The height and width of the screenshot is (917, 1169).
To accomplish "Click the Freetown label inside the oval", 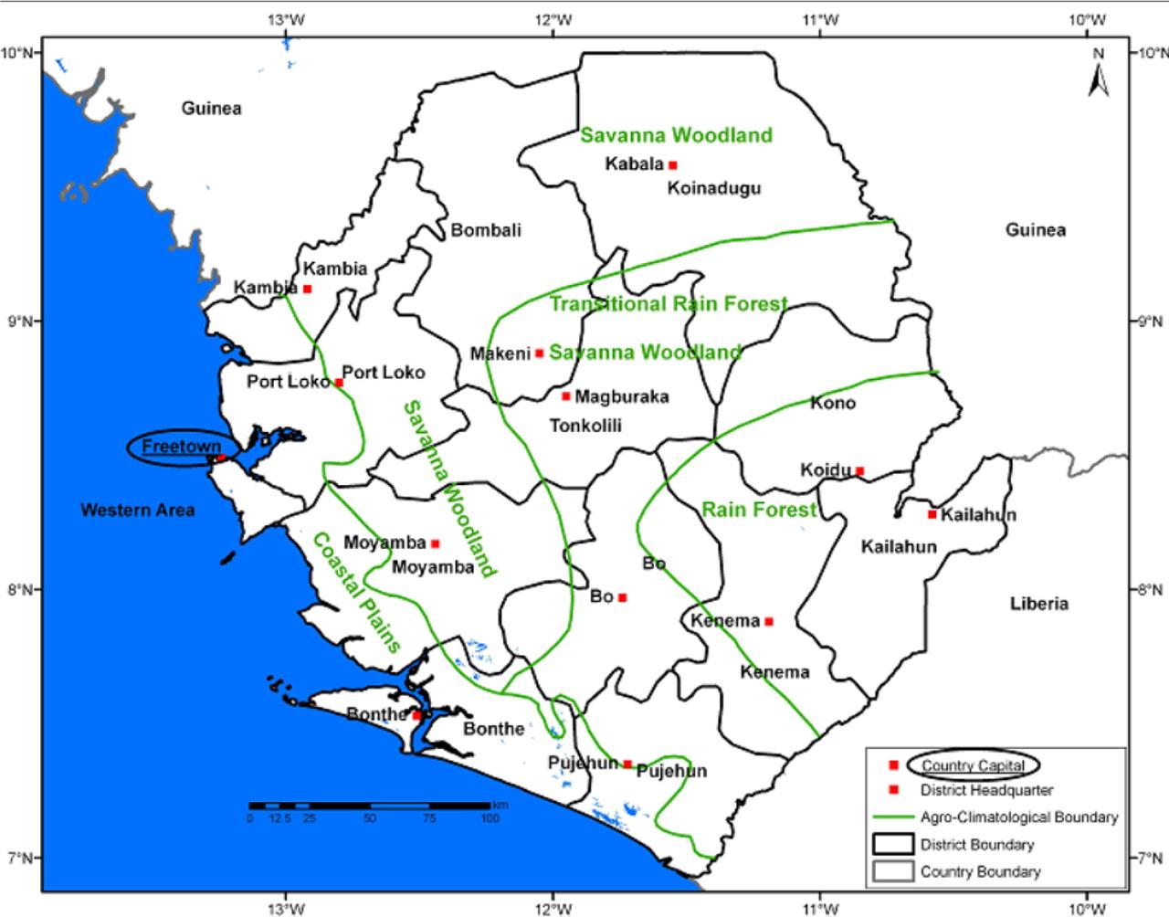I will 181,447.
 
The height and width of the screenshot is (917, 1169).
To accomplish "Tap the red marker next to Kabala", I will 673,165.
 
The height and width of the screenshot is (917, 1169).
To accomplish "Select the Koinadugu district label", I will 714,189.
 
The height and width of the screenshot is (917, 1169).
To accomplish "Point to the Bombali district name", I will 486,230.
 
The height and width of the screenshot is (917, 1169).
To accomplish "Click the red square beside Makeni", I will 540,353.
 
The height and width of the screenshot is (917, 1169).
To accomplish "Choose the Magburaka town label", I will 623,396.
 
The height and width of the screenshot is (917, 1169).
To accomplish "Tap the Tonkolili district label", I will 585,426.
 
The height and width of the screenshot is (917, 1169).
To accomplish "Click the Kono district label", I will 833,403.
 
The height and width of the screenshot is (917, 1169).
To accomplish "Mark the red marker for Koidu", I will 859,471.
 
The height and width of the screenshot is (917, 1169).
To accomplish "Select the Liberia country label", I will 1039,604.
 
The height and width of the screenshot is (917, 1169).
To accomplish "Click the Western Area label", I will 138,510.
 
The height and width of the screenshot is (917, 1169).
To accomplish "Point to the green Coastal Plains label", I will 358,592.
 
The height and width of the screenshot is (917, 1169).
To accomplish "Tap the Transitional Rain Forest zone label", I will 668,304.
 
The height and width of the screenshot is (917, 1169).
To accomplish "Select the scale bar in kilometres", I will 369,806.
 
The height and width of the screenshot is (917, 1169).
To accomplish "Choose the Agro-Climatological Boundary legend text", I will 1019,817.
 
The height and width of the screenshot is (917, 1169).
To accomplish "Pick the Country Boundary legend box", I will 892,871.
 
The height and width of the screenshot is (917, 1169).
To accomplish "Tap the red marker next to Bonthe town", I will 417,715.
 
